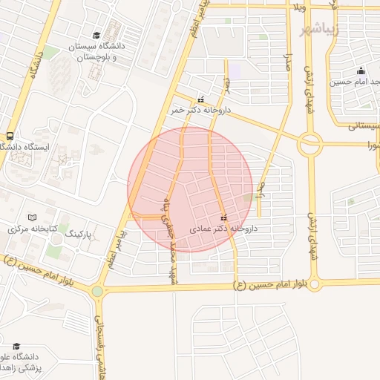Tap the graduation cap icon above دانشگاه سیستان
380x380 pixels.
[x=96, y=35]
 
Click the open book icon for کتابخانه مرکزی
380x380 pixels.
[x=31, y=217]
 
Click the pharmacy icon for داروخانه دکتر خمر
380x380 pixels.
[x=200, y=99]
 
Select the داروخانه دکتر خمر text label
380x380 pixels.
[x=201, y=110]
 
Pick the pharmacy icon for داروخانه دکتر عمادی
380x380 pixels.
[x=223, y=217]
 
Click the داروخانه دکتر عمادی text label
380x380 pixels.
[x=223, y=229]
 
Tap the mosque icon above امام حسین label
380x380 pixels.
[x=361, y=71]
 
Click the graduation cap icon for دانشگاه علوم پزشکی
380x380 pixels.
[x=16, y=346]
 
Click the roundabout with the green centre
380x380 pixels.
[x=97, y=292]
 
